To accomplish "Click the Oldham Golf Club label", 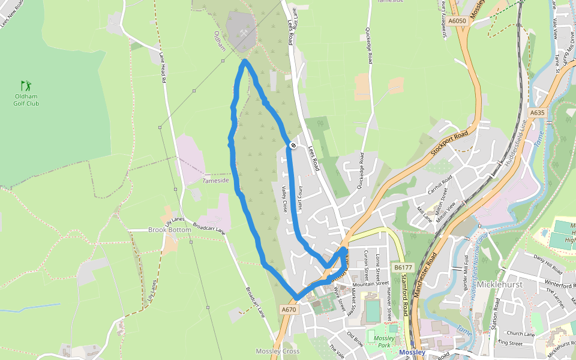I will click(x=26, y=100).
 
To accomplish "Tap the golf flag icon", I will click(x=25, y=86).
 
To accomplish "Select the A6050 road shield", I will click(x=457, y=21).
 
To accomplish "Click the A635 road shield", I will click(x=537, y=112).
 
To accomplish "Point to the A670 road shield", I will click(x=289, y=310).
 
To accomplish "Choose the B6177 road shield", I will click(x=403, y=267).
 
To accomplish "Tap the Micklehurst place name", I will click(x=497, y=284).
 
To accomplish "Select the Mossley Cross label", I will click(x=277, y=351).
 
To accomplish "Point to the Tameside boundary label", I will click(x=216, y=180).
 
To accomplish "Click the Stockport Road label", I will click(x=449, y=142).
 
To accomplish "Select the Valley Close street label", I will click(x=284, y=199).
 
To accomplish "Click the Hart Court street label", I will click(x=299, y=196).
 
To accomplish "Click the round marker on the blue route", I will click(x=293, y=145).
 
